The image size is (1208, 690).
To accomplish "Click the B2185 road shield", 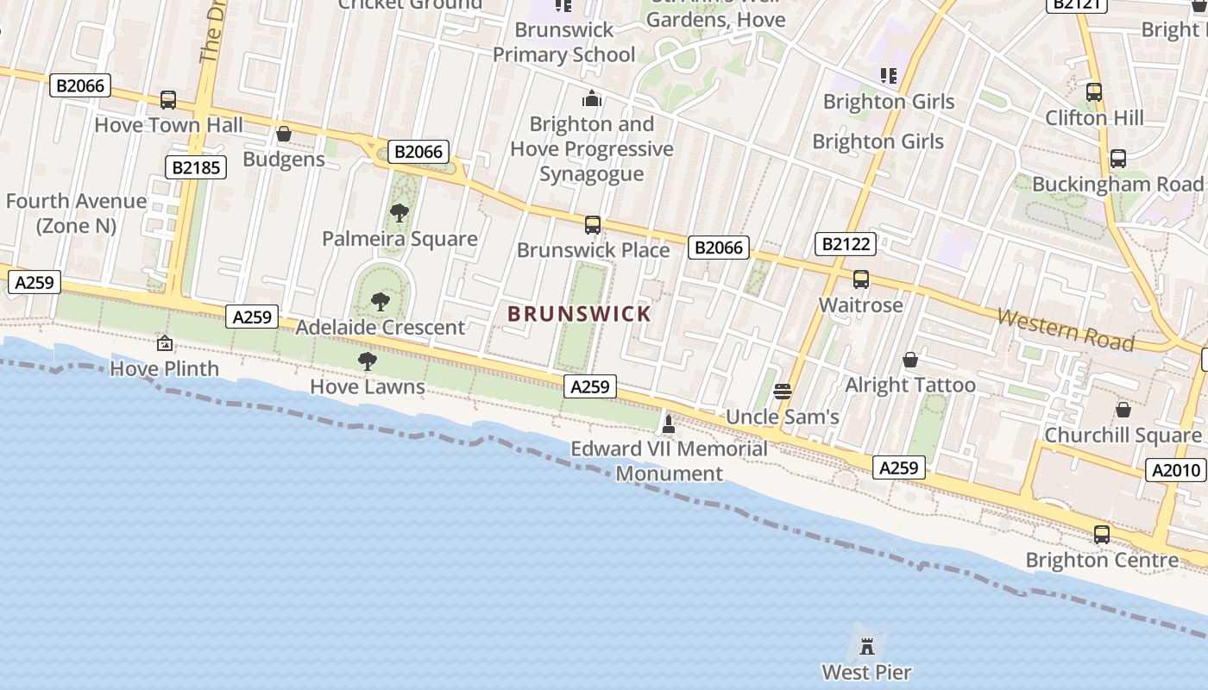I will pos(196,167).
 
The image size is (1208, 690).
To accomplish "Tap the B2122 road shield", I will pos(846,244).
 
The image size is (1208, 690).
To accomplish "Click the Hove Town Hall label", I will pos(168,125).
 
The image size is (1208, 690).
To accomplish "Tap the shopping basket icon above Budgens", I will pos(283,134).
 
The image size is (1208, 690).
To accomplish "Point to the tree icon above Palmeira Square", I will pos(399,212).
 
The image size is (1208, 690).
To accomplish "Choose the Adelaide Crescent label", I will pos(381,328).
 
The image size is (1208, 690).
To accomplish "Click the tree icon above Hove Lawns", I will pos(368,361).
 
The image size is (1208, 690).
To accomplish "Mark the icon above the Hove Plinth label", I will pos(165,343).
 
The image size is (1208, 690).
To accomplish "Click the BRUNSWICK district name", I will pos(579,314).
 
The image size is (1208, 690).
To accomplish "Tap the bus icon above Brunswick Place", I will pos(593,225).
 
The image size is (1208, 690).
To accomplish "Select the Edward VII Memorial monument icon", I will pos(668,423).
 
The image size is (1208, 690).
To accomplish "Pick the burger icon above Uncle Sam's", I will pos(783,392).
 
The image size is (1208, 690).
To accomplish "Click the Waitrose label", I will pos(860,305).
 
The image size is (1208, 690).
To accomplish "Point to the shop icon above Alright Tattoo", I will pos(909,360).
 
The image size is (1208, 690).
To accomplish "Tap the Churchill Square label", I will pos(1123,436).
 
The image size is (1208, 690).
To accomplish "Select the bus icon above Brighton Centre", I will pos(1102,534).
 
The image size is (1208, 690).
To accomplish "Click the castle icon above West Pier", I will pos(867,644).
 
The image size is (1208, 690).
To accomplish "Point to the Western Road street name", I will pos(1066,329).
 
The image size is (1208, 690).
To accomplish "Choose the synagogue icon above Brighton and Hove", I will pos(592,98).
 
